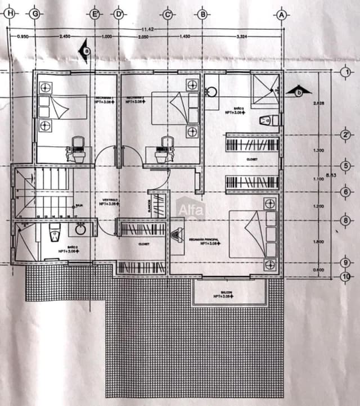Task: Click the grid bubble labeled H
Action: [8, 15]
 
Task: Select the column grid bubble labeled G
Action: [35, 15]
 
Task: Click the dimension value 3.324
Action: [242, 37]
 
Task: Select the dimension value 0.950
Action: [23, 37]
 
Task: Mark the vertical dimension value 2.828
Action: [319, 103]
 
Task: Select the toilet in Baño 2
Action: [55, 231]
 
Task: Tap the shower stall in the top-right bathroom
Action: [265, 91]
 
